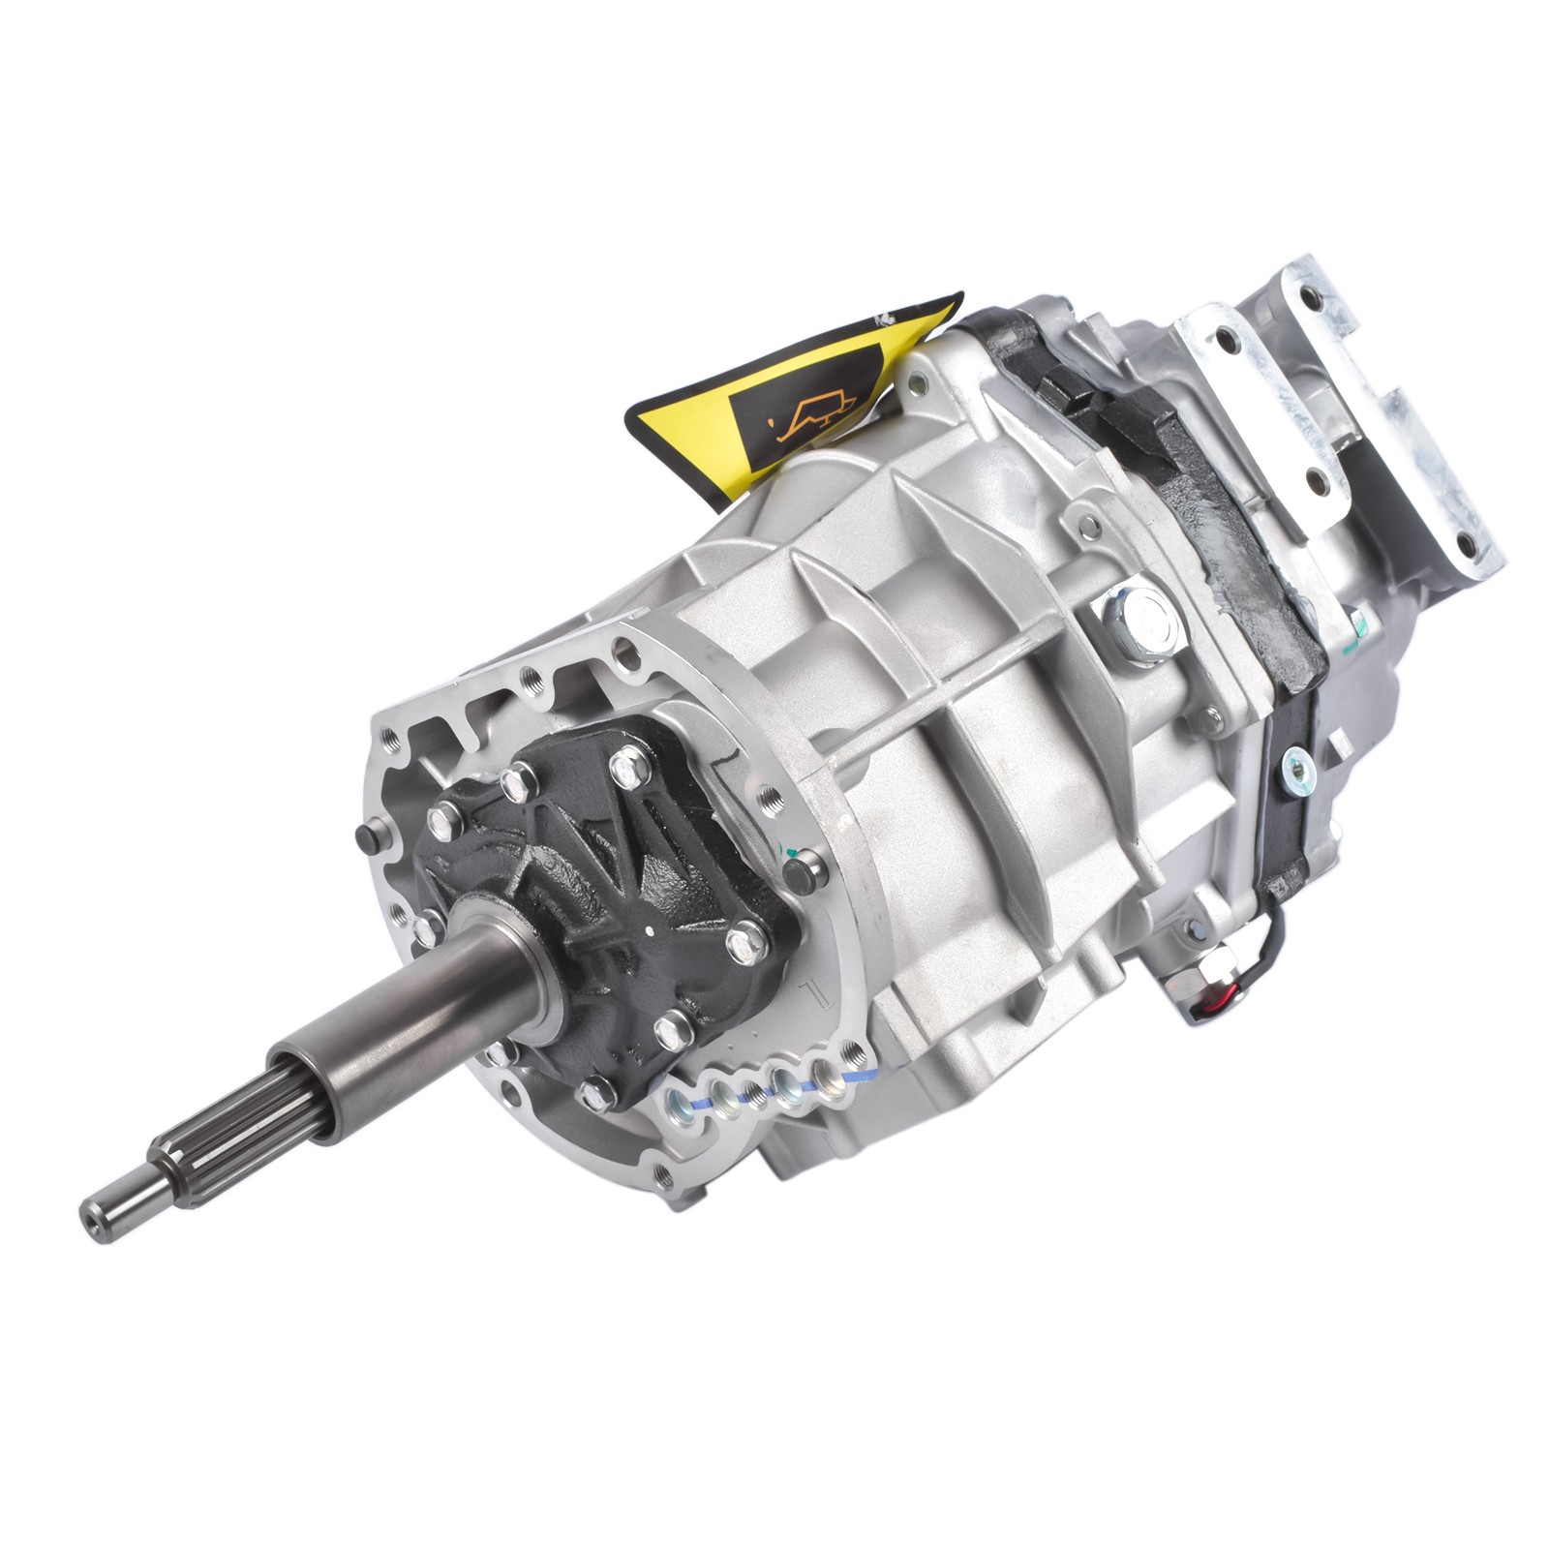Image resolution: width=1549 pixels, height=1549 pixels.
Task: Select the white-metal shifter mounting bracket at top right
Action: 1346,416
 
